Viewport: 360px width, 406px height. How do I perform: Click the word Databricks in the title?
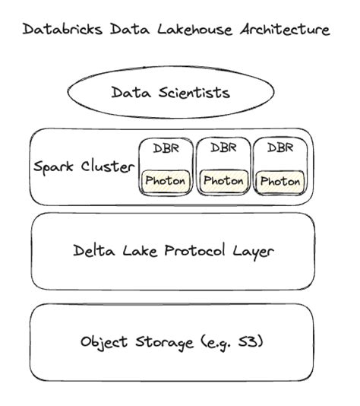coord(54,30)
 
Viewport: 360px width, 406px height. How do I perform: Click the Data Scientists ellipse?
coord(171,93)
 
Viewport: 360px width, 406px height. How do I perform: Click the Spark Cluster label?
coord(83,167)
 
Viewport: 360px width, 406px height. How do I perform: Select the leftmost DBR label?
coord(166,148)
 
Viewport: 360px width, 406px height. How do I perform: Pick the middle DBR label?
coord(223,147)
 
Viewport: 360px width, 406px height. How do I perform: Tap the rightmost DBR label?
coord(279,148)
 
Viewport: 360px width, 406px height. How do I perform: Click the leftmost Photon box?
coord(166,181)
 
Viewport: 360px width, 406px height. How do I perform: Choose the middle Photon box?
coord(223,181)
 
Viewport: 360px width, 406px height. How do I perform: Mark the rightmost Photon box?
coord(279,182)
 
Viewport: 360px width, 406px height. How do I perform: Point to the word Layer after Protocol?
coord(252,250)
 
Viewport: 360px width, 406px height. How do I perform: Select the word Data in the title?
coord(110,30)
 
